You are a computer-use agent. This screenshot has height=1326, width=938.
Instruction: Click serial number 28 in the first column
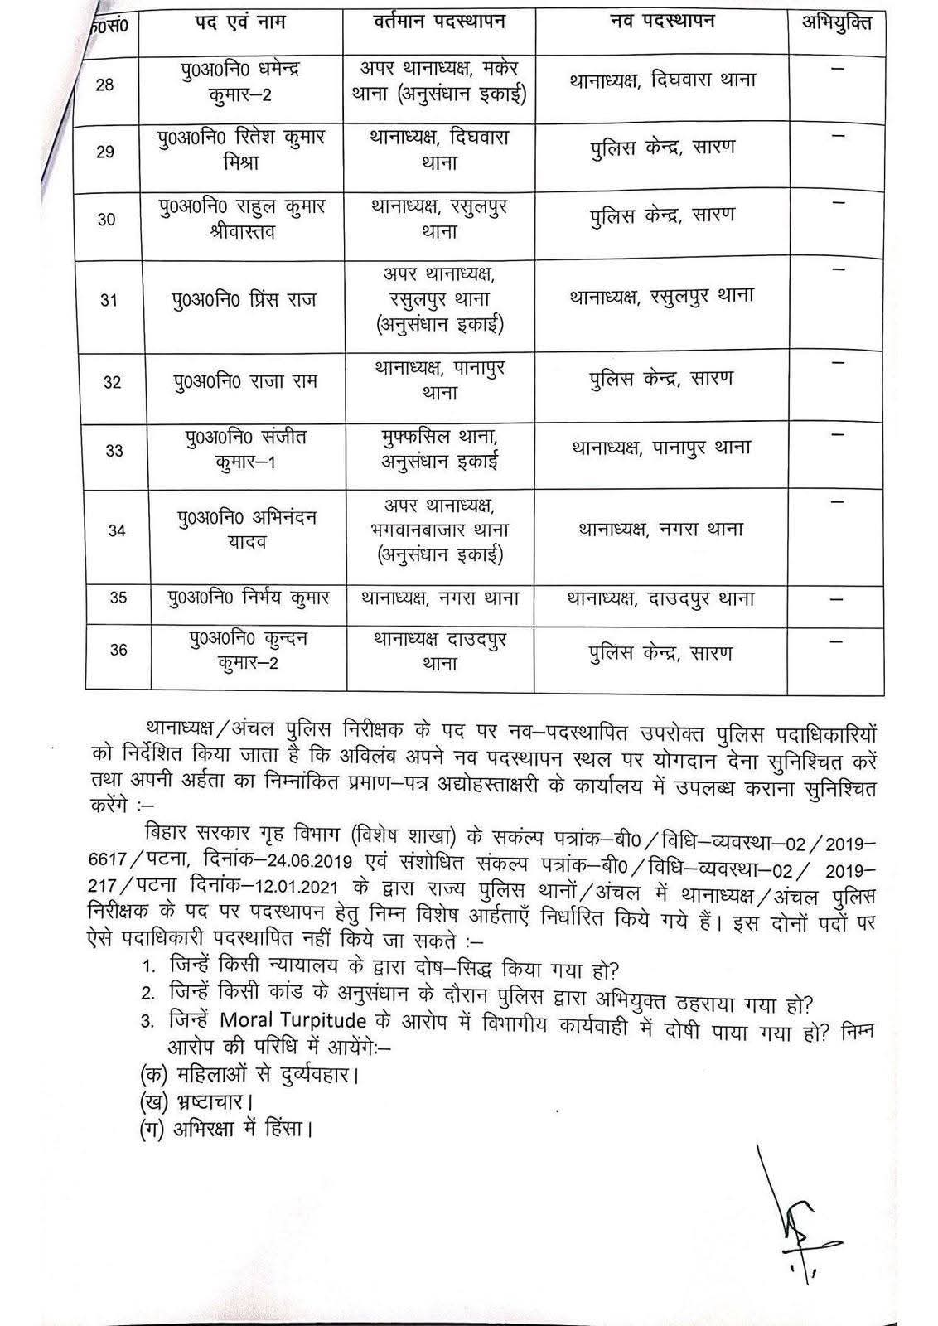pos(105,85)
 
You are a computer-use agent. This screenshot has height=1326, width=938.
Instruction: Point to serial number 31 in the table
pos(109,301)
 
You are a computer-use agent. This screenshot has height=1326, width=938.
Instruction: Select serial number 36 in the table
pos(118,650)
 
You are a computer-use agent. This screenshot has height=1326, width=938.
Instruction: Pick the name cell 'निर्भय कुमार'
pos(248,598)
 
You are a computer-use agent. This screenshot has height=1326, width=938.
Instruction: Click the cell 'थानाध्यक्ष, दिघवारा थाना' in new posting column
pos(663,81)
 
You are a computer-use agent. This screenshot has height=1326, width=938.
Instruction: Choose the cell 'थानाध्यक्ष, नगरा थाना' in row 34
pos(660,529)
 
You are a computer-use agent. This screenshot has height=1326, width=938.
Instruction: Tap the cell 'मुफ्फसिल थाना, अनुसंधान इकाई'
pos(439,448)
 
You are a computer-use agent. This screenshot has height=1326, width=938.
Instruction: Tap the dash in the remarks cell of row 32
pos(837,364)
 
